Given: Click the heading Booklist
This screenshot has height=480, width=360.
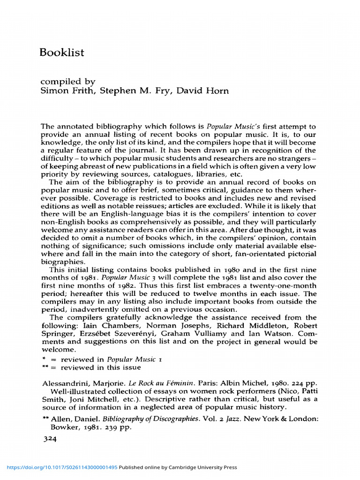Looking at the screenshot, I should pos(62,52).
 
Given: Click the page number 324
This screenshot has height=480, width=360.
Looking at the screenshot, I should pos(49,439).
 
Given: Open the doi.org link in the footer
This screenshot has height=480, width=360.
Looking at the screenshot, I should pos(61,467).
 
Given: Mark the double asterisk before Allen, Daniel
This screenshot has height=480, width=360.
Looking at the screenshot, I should pos(45,419).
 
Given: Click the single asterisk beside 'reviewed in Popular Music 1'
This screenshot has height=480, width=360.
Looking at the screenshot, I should pos(43,359).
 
